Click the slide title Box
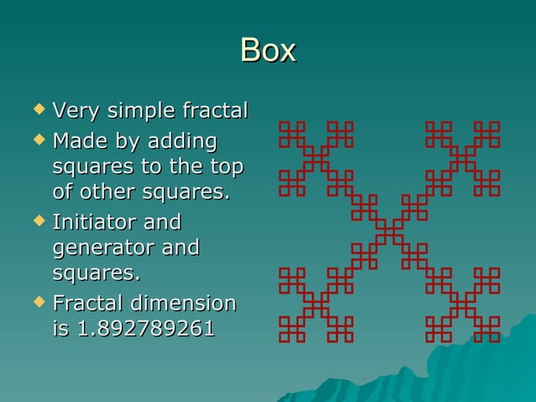(x=268, y=50)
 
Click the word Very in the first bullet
(x=74, y=111)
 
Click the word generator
(x=98, y=249)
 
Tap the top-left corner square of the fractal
(x=286, y=127)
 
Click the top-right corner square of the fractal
(x=493, y=127)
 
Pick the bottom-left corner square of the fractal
(x=286, y=336)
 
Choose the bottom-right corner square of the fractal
(x=493, y=336)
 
